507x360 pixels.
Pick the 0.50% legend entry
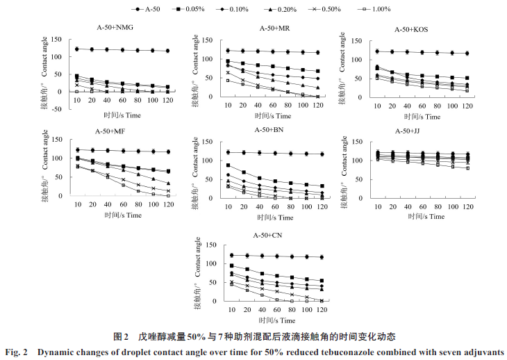point(349,9)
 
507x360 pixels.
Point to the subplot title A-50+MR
point(274,28)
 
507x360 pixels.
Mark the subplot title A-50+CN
point(271,235)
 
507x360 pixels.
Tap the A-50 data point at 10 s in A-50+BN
point(228,152)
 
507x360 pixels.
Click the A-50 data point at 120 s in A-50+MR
point(317,52)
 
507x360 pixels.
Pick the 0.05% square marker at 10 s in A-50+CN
point(231,265)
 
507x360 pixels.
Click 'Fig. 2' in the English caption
point(16,352)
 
